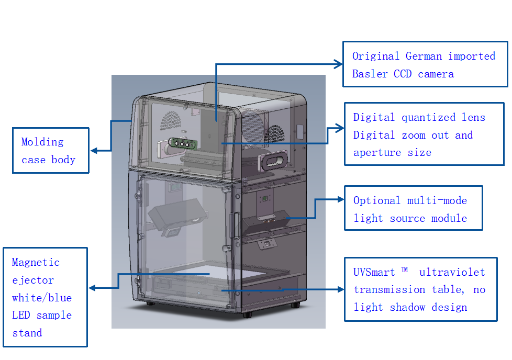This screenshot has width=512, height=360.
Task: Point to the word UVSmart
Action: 374,272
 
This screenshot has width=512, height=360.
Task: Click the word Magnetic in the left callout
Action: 36,262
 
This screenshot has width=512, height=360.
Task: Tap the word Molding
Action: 42,142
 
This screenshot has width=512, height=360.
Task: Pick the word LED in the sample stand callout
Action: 21,316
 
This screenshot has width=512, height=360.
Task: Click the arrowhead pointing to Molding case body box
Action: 94,151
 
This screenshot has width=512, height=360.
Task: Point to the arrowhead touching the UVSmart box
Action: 340,289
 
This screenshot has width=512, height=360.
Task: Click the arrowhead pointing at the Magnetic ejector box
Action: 92,288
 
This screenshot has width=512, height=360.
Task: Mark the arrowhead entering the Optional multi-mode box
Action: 340,199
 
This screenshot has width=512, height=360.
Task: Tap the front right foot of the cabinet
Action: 247,314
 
